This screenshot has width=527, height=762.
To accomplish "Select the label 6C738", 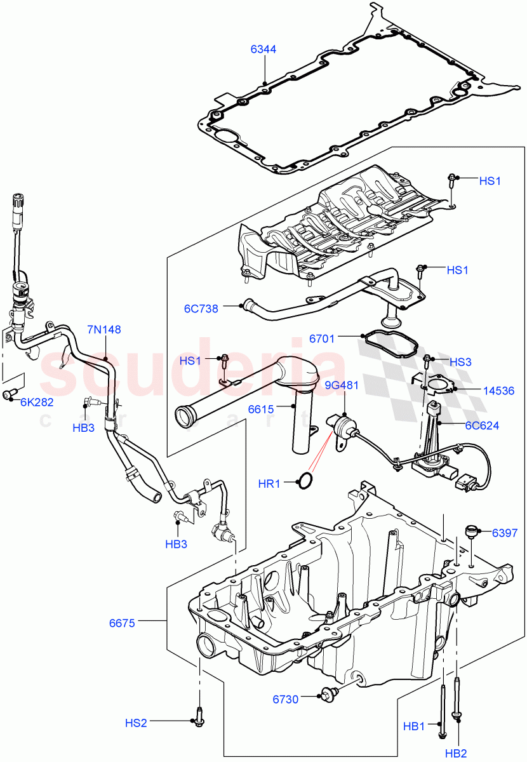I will click(201, 309).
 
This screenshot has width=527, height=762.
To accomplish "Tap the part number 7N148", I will click(104, 330).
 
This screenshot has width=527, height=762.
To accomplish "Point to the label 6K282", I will click(37, 402).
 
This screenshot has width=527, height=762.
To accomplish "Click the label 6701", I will click(322, 339).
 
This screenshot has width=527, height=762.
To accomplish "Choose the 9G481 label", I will click(342, 385).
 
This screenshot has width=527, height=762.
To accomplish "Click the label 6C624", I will click(481, 425).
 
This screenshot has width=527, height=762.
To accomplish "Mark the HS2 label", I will click(136, 723).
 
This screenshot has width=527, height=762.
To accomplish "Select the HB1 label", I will click(414, 725).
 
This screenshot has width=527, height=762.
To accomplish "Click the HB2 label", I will click(456, 752).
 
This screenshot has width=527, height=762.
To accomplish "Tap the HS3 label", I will click(460, 362).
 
